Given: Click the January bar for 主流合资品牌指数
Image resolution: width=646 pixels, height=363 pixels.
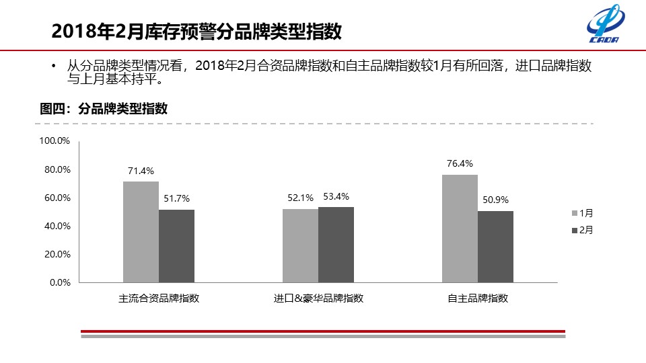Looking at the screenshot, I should point(141,232).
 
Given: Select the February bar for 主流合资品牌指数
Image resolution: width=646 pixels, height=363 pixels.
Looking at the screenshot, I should point(176,246).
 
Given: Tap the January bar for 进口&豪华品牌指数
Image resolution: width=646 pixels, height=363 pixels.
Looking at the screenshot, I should point(300,245).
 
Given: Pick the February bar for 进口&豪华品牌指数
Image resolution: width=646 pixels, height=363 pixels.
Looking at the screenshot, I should point(336,245).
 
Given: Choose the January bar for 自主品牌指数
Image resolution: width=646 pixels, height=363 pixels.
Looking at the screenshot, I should point(460,229).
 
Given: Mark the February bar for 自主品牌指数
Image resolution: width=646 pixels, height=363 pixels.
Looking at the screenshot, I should point(495,247).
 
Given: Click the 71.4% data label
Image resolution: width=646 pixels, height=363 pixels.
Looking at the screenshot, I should point(141,171).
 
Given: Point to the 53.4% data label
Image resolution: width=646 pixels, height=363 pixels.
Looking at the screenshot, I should point(336,196).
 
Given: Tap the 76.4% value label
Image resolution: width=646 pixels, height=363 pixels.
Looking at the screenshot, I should point(460,163).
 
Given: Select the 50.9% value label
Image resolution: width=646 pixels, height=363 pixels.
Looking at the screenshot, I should point(495,200).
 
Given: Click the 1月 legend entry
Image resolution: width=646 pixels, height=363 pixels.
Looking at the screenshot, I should point(583,213).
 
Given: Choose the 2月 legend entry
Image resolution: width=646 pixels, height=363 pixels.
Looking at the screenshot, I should point(583,230).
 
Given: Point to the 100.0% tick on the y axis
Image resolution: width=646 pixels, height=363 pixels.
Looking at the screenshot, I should point(55,141).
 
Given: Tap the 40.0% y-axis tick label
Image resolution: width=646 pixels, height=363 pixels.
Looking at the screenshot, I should point(57,226).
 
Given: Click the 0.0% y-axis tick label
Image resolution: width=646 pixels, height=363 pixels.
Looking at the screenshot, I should point(60,283).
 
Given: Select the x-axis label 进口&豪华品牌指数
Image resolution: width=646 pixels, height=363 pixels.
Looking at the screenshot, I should point(318,298).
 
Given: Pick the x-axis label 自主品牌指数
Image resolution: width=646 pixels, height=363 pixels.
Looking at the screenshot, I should point(478,298).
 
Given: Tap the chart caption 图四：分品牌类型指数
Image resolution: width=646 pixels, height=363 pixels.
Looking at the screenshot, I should point(104,108).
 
